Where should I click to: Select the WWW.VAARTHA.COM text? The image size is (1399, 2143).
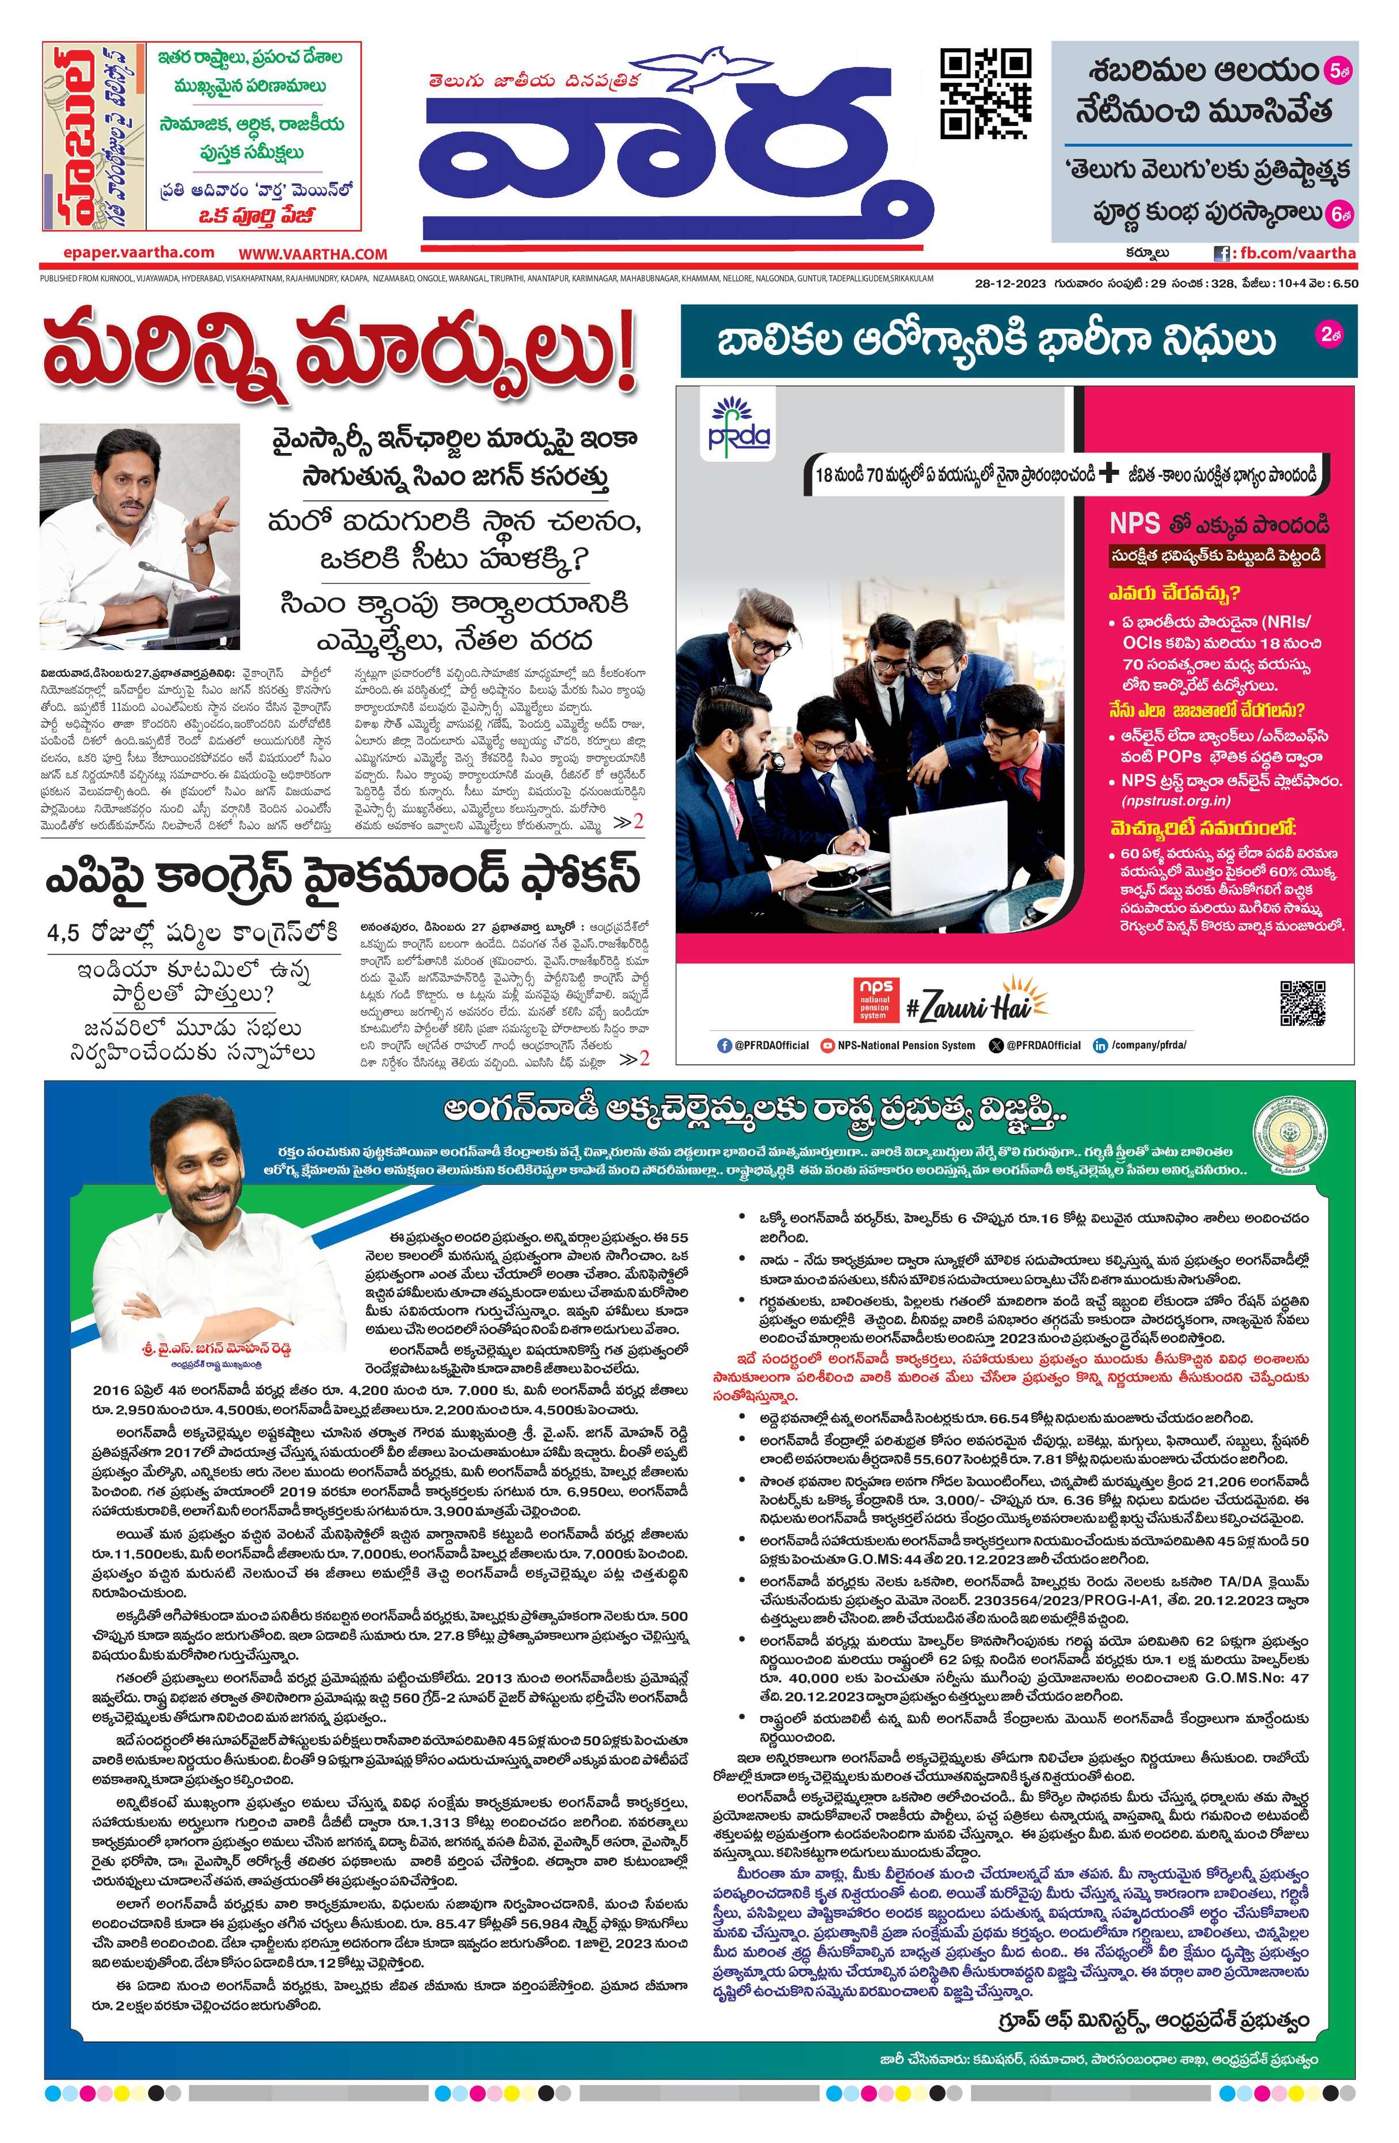[312, 255]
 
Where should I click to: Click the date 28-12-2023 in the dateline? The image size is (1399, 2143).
[1009, 284]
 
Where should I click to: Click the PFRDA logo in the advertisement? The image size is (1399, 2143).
[737, 426]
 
